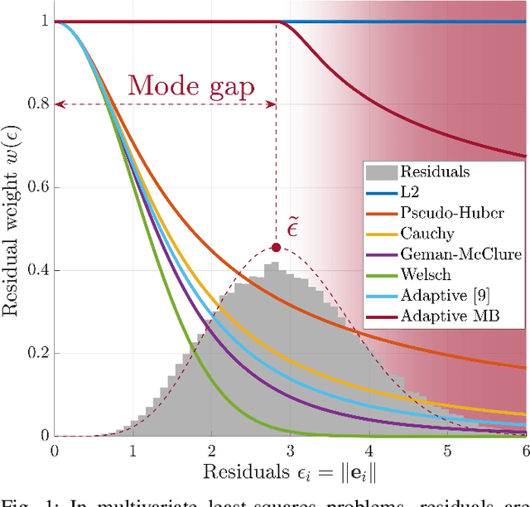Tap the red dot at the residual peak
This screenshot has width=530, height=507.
pyautogui.click(x=276, y=247)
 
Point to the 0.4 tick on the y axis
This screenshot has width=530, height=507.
pyautogui.click(x=36, y=271)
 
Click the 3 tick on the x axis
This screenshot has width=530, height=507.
pyautogui.click(x=289, y=450)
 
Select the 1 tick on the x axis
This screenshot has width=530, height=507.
pyautogui.click(x=132, y=450)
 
